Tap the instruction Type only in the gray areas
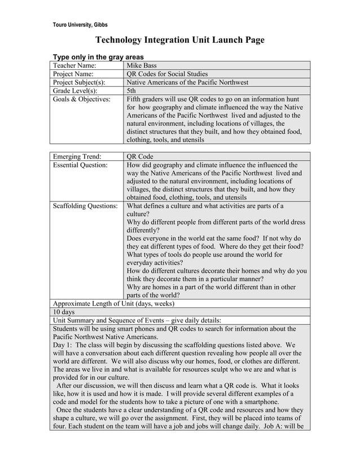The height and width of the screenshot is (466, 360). (x=98, y=57)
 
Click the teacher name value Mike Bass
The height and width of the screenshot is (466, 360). (x=142, y=66)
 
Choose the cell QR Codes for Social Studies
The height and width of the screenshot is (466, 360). (x=167, y=74)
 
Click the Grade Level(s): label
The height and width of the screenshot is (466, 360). (x=75, y=90)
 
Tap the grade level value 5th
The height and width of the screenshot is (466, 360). (x=131, y=90)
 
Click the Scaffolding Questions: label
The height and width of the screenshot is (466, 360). (x=85, y=206)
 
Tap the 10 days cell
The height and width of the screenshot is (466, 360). (x=64, y=312)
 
